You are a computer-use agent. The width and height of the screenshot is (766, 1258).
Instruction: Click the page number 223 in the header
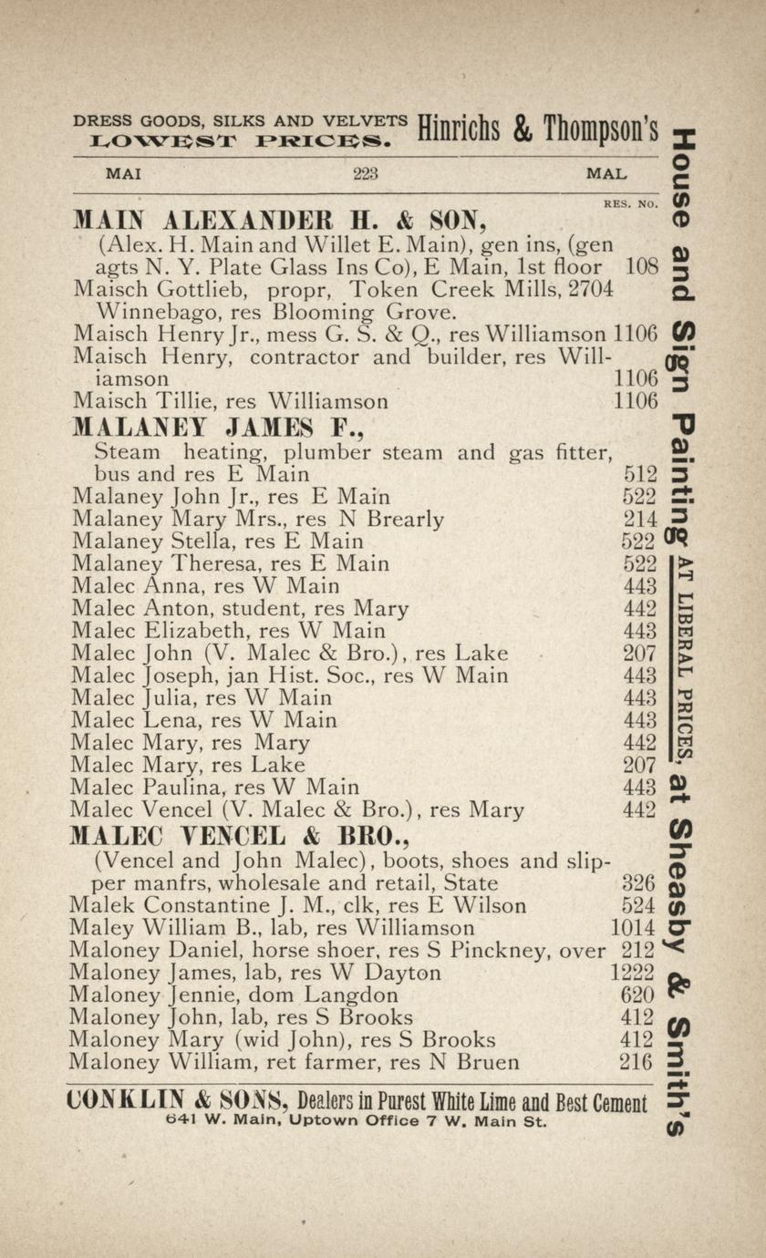[365, 173]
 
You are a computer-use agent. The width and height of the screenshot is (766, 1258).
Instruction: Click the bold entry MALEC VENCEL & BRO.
[216, 835]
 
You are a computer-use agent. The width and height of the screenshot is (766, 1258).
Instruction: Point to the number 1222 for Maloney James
[632, 973]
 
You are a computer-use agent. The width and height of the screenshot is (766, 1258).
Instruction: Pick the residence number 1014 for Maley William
[632, 928]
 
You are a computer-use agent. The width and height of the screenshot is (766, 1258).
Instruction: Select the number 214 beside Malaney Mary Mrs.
[640, 520]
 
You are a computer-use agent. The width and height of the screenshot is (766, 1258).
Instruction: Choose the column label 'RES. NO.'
[630, 204]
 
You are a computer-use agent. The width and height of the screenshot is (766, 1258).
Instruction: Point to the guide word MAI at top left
[123, 173]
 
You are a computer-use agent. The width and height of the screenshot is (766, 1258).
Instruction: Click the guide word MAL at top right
[606, 173]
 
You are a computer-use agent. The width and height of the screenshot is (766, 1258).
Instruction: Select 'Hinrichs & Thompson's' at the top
[537, 129]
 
